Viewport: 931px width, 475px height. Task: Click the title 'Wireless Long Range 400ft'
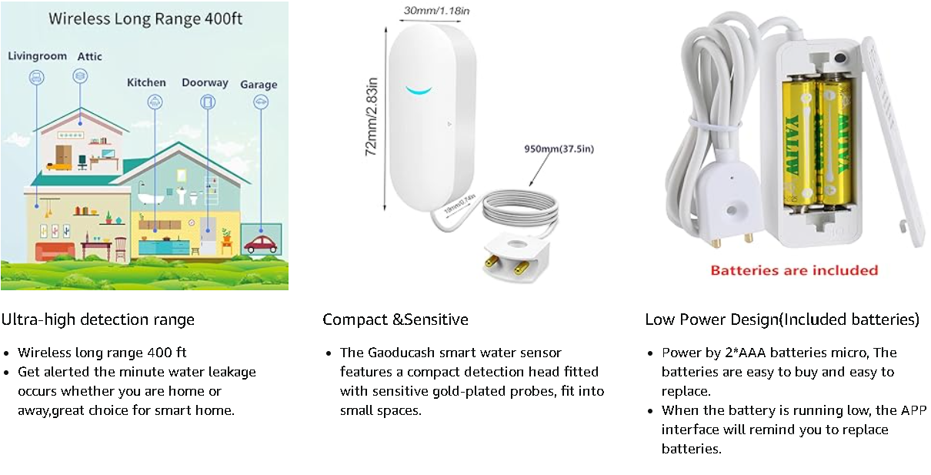click(145, 18)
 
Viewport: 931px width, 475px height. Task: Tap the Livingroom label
click(37, 56)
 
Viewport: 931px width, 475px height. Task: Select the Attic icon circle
click(80, 75)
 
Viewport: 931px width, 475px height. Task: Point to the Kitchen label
click(146, 82)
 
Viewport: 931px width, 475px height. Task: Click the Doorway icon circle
click(207, 102)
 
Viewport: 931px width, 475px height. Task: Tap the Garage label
click(259, 85)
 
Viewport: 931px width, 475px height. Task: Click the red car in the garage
click(261, 245)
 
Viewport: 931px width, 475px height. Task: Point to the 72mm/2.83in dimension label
click(372, 116)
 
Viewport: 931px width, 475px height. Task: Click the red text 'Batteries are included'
click(794, 270)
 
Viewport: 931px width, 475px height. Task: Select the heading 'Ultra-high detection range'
click(98, 319)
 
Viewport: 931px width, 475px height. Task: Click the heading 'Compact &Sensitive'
click(395, 319)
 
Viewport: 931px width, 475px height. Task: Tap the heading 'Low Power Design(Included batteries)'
click(783, 319)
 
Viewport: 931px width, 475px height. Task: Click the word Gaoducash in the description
click(401, 353)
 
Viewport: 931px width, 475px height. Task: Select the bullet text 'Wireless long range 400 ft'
click(102, 353)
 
